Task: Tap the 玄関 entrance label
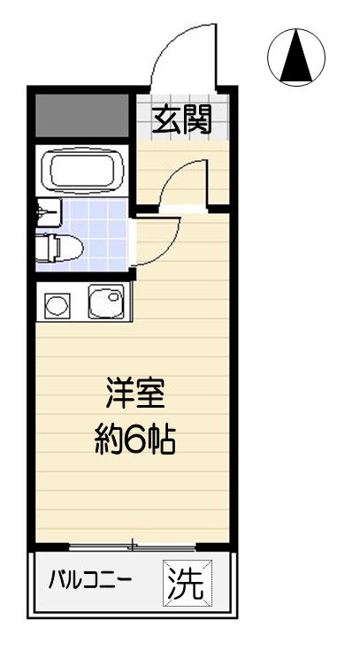pyautogui.click(x=184, y=119)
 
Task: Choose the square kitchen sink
pyautogui.click(x=106, y=305)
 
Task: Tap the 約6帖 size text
pyautogui.click(x=135, y=440)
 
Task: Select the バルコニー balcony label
pyautogui.click(x=89, y=582)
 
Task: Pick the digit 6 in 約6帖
pyautogui.click(x=135, y=440)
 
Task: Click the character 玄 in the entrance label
pyautogui.click(x=167, y=119)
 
